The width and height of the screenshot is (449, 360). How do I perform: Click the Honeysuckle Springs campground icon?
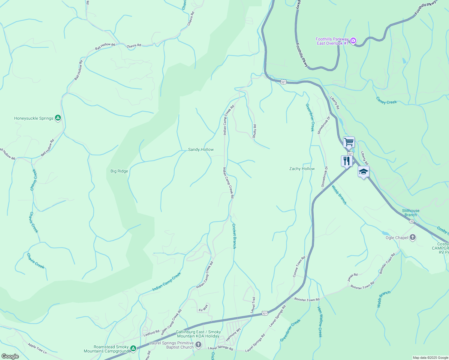point(58,118)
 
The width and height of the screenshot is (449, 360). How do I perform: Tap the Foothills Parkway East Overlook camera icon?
point(353,40)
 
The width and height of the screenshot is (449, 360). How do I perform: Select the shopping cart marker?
point(349,142)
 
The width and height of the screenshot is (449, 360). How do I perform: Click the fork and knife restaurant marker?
point(347,161)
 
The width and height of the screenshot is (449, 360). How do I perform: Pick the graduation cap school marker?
point(363,172)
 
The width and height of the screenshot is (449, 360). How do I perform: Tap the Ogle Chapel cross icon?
point(413,238)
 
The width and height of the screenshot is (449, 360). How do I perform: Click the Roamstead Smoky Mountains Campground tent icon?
point(133,348)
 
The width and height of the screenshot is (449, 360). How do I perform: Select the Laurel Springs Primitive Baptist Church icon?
point(198,345)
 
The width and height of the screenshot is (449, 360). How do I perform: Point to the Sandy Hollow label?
point(201,149)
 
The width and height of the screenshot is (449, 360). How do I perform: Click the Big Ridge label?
point(119,171)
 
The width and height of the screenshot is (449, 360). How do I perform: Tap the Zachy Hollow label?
point(302,169)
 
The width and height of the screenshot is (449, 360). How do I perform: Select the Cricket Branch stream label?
point(234,236)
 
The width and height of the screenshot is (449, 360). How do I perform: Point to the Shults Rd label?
point(254,131)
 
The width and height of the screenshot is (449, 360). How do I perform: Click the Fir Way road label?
point(203,308)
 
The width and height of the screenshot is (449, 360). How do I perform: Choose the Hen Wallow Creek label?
point(320,322)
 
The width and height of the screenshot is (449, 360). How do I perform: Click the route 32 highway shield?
point(411,221)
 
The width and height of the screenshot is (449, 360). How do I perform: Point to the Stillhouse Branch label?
point(411,213)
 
